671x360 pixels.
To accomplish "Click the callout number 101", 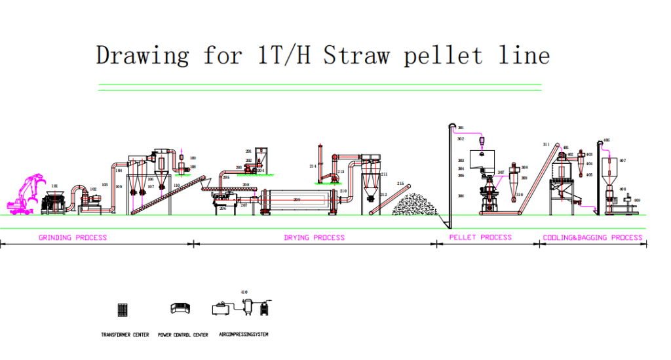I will pyautogui.click(x=54, y=186).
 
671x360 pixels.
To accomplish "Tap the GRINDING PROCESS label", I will pyautogui.click(x=73, y=237).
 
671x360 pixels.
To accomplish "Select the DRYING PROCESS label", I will pyautogui.click(x=314, y=237).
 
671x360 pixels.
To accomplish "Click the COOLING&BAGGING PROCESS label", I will pyautogui.click(x=593, y=237).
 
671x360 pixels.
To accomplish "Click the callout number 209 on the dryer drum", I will pyautogui.click(x=296, y=199).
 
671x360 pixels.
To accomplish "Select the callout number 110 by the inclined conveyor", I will pyautogui.click(x=178, y=186).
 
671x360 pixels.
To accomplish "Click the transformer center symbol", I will pyautogui.click(x=121, y=309).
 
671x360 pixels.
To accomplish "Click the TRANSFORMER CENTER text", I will pyautogui.click(x=125, y=335).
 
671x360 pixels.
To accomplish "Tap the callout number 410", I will pyautogui.click(x=244, y=292).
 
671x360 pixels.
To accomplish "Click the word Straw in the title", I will pyautogui.click(x=351, y=55).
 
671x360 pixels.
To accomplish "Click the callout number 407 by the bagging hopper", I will pyautogui.click(x=623, y=160).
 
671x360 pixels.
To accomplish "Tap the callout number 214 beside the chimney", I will pyautogui.click(x=313, y=167).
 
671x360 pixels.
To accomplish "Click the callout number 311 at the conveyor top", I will pyautogui.click(x=546, y=144).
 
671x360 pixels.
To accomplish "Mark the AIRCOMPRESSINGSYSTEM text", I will pyautogui.click(x=243, y=334).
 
